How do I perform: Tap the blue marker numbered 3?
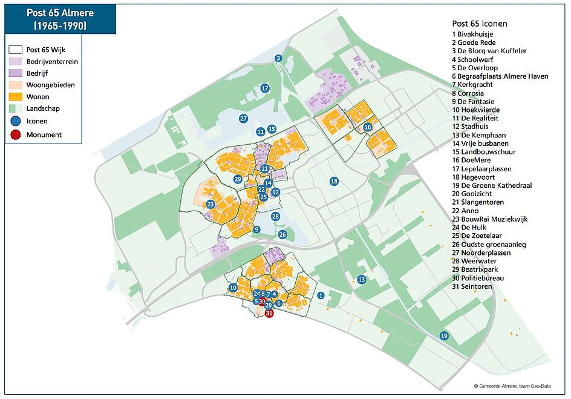coord(278,58)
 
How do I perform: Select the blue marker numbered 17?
coord(264,88)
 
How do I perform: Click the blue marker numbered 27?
coord(243,119)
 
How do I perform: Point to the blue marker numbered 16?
coord(368,127)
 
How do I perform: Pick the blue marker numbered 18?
coord(333,182)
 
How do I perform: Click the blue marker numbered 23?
coord(210,205)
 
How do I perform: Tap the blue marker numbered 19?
coord(444,336)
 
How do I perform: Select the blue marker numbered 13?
coord(361,280)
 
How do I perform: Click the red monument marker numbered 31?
coord(270,314)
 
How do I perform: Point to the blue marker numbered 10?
coord(233,288)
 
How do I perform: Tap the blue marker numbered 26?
coord(282,234)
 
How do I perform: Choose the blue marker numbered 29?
coord(238,179)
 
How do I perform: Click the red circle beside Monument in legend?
coord(15,134)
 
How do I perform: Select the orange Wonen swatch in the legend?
coord(15,97)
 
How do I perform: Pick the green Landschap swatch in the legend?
coord(15,108)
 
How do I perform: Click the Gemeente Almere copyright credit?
coord(519,386)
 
